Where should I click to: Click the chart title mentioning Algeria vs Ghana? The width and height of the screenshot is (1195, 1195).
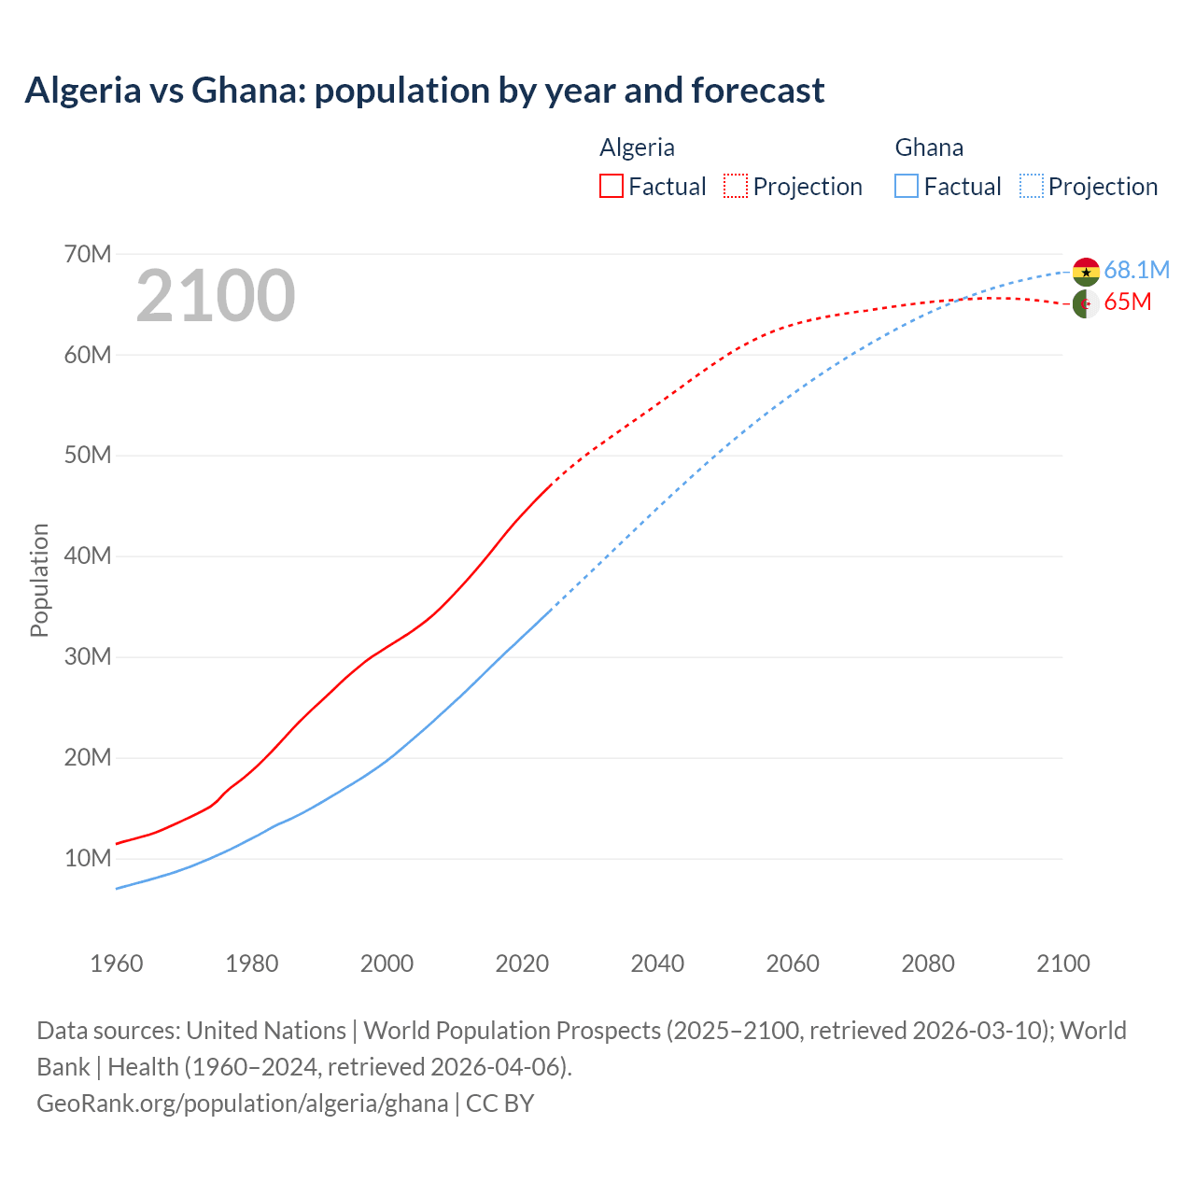point(425,91)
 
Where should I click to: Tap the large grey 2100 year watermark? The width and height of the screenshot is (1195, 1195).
point(216,296)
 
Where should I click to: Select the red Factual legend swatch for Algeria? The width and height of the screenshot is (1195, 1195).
point(611,186)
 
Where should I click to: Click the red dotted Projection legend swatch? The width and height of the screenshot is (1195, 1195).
point(736,186)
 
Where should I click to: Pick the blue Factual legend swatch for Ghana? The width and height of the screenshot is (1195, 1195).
point(907,186)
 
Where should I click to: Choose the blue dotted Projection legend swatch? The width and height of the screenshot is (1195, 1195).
point(1031,186)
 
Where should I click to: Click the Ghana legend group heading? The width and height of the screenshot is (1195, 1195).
point(929,148)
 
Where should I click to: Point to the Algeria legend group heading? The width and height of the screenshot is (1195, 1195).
point(637,148)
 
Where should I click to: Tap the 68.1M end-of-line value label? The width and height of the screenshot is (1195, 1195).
point(1136,270)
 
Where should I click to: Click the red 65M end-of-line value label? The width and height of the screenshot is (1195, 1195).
point(1127,302)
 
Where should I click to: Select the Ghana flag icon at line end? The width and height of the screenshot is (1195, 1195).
point(1086,272)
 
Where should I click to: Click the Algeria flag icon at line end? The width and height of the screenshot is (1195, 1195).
point(1086,303)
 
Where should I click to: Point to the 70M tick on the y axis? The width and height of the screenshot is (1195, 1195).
point(88,254)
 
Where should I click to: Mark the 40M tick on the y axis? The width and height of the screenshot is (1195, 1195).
point(88,556)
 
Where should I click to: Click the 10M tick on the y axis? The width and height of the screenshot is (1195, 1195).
point(88,858)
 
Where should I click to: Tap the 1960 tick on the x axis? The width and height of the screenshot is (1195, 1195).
point(117,963)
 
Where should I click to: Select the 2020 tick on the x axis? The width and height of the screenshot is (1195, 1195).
point(522,963)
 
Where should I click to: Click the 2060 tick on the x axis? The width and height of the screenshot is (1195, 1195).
point(793,963)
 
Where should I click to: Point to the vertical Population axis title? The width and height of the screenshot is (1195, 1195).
point(39,580)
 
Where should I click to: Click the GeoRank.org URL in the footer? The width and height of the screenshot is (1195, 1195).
point(242,1104)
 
